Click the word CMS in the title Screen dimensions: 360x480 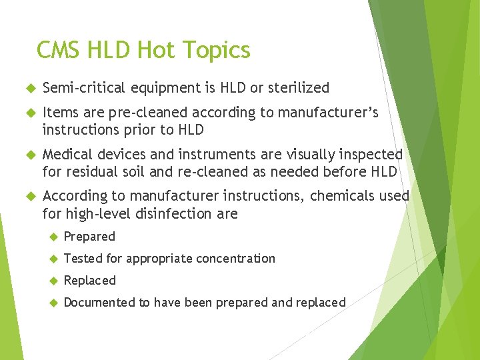click(x=59, y=50)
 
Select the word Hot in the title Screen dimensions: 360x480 click(x=154, y=50)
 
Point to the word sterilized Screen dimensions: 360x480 click(x=297, y=87)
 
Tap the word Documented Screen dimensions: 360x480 click(x=99, y=302)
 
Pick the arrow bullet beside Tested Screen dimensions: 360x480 click(x=54, y=259)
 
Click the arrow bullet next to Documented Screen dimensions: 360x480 click(x=54, y=303)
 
